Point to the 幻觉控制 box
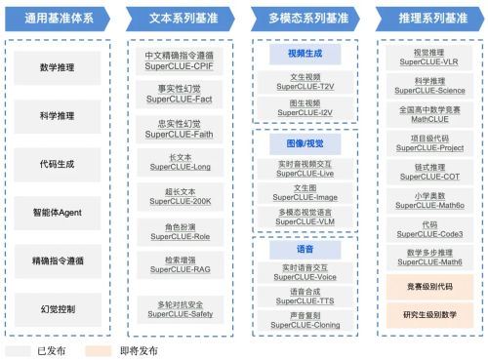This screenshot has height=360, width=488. (60, 308)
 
